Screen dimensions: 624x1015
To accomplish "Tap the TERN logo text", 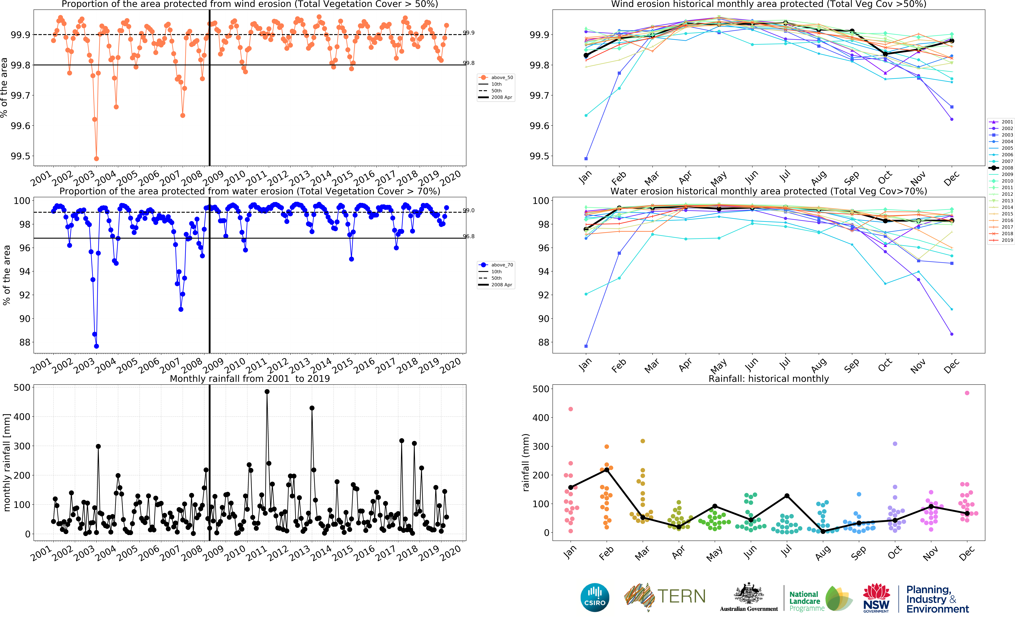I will coord(681,596).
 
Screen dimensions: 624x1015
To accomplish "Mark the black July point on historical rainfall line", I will coord(787,496).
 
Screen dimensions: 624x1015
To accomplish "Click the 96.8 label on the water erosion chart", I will coord(469,236).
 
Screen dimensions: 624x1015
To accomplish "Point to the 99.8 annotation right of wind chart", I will coord(469,63).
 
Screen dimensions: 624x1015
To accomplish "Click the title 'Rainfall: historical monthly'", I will coord(768,379).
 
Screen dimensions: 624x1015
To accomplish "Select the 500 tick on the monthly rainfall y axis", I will coord(22,388).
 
